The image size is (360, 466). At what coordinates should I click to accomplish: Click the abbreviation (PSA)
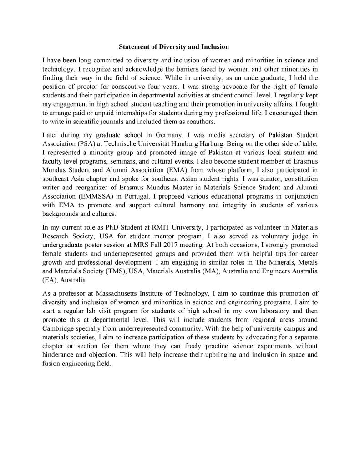pyautogui.click(x=80, y=144)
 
